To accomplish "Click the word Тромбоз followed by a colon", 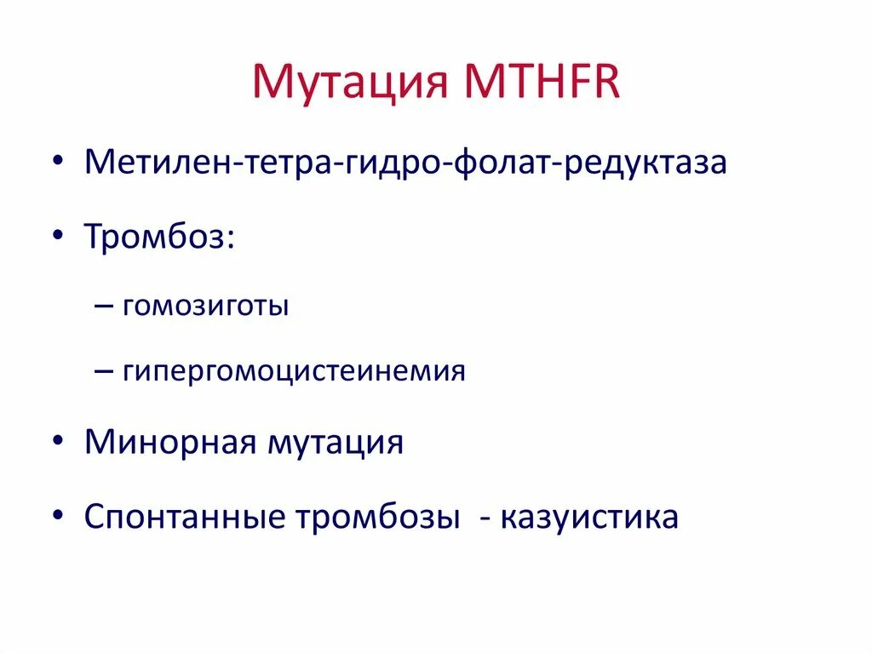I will (x=153, y=236).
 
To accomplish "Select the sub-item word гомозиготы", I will (x=205, y=306).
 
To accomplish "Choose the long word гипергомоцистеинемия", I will (x=294, y=371).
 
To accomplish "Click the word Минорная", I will (x=170, y=443).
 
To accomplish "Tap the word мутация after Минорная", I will (x=336, y=443).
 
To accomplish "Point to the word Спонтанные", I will (x=188, y=518).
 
